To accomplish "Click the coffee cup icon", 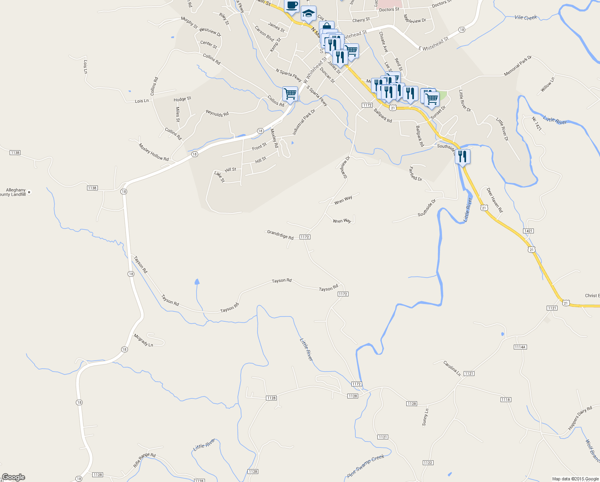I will tap(292, 6).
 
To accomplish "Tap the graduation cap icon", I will tap(308, 14).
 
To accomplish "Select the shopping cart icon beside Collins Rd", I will tap(290, 94).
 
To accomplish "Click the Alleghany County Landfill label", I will tap(14, 192).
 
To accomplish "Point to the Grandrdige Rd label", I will tap(280, 235).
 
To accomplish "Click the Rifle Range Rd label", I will tap(144, 460).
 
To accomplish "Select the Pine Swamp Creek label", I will tap(366, 466).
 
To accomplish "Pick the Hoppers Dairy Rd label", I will tap(580, 418).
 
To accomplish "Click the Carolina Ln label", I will tap(452, 368).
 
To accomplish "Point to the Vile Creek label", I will tap(525, 18).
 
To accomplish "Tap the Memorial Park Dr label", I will tap(517, 66).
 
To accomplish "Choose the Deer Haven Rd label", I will tap(495, 200).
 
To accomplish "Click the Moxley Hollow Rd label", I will tap(154, 152).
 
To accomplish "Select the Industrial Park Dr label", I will tap(304, 122).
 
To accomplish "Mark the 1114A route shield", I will tap(520, 347).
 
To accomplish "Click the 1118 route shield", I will tap(506, 399).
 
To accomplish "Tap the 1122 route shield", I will tap(428, 463).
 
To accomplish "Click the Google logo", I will tap(14, 477).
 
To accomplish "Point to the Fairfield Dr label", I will tap(416, 174).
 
